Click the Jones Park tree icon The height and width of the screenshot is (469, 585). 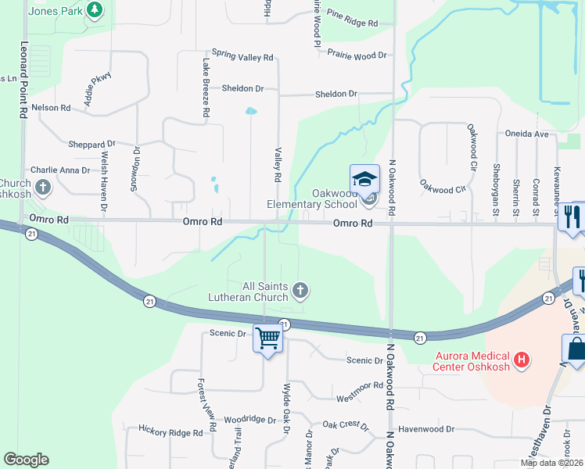[95, 9]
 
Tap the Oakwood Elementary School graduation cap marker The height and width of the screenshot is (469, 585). [364, 180]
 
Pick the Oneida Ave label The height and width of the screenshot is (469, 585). [526, 134]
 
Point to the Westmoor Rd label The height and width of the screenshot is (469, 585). [359, 385]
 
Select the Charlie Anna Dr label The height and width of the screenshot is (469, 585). [60, 170]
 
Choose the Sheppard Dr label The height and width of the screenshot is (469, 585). [92, 145]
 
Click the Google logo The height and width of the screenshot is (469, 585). [26, 460]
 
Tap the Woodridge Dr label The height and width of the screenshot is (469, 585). [249, 420]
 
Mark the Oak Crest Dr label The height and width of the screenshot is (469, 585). [345, 424]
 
